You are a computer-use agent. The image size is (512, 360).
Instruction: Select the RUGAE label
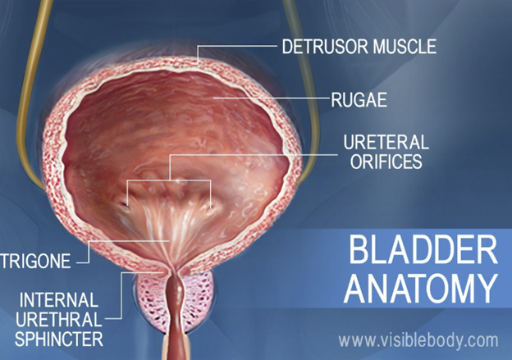coord(359,100)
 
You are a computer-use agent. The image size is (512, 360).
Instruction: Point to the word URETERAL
coord(386,143)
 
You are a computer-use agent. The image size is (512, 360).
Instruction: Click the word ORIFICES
coord(386,162)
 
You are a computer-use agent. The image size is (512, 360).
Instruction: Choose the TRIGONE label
coord(35,261)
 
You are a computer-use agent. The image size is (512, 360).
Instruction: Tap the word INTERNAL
coord(59,300)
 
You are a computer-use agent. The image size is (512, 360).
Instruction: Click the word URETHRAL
coord(59,320)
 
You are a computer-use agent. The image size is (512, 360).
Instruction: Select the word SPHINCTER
coord(59,339)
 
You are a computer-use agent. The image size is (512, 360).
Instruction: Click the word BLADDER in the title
coord(423,250)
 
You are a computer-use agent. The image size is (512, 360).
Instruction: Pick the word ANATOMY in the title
coord(421,289)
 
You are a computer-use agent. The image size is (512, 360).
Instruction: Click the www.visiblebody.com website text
coord(418,341)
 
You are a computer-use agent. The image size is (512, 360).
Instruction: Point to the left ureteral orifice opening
coord(125,205)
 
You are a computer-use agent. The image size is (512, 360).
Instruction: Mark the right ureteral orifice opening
coord(210,207)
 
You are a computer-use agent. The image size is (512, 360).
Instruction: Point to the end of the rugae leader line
coord(214,98)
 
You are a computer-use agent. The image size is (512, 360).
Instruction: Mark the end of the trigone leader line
coord(168,241)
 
